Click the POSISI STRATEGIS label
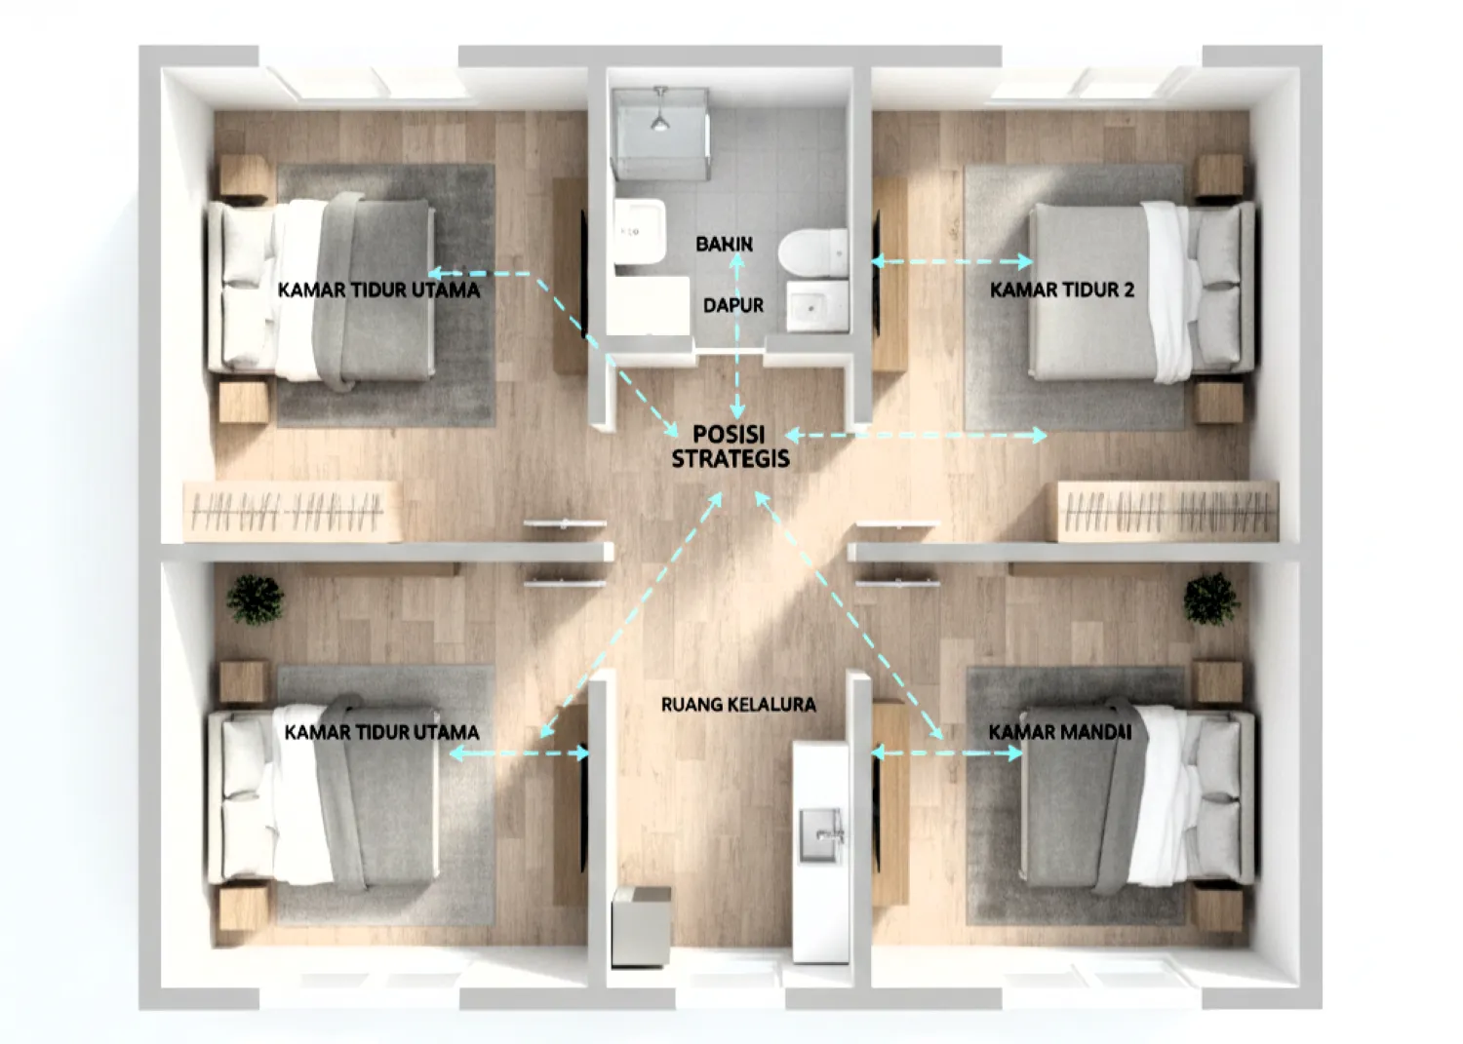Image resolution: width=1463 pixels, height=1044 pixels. click(x=730, y=446)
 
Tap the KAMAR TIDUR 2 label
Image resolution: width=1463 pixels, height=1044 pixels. click(x=1061, y=290)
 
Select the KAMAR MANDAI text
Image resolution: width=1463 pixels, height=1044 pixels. click(x=1059, y=731)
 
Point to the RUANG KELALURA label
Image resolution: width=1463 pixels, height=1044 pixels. click(x=738, y=704)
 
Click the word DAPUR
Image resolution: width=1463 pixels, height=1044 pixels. click(x=733, y=305)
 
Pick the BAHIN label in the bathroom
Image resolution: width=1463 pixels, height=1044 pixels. click(x=724, y=244)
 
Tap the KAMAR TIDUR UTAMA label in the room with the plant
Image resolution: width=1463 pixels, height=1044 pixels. click(x=381, y=732)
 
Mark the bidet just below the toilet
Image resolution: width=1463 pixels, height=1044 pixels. click(x=815, y=308)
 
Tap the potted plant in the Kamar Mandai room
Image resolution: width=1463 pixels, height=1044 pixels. click(x=1210, y=598)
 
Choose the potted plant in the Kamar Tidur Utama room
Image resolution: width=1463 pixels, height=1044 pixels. click(x=256, y=599)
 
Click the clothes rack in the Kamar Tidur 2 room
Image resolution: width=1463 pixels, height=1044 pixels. click(x=1167, y=511)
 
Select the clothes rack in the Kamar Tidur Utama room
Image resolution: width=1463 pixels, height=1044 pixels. click(x=292, y=511)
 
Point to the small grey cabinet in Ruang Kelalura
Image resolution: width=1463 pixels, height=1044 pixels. click(x=641, y=926)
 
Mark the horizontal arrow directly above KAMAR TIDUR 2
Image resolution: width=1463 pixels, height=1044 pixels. click(x=952, y=261)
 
